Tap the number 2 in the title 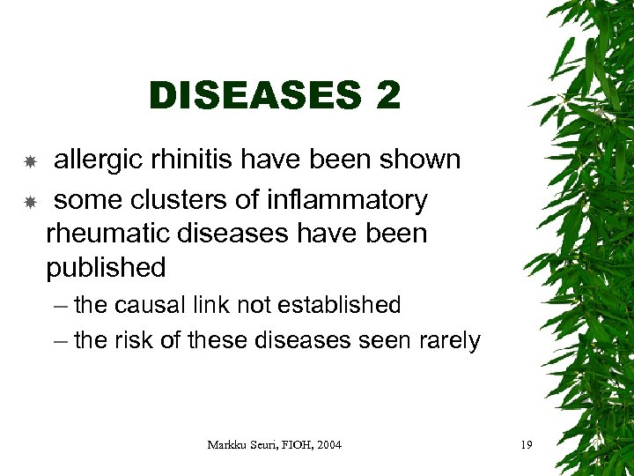point(387,95)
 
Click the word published point(106,268)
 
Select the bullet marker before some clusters point(29,202)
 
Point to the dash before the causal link point(58,306)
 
